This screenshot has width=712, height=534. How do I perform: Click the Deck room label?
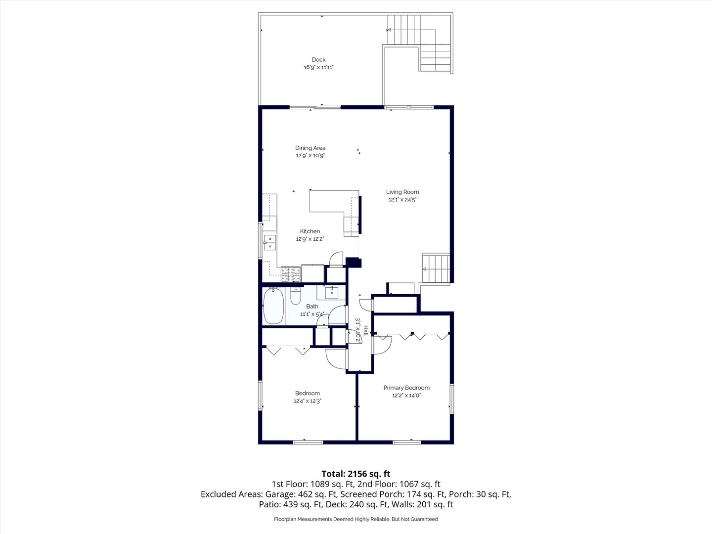click(x=318, y=60)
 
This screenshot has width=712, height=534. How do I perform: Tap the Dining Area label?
click(x=310, y=148)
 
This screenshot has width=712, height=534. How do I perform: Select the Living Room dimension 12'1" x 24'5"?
click(x=402, y=200)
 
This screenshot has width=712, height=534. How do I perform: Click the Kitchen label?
click(x=310, y=231)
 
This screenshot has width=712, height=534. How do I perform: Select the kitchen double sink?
click(x=270, y=242)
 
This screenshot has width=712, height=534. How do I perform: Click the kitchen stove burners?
click(x=291, y=274)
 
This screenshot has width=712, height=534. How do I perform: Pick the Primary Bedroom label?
click(x=406, y=388)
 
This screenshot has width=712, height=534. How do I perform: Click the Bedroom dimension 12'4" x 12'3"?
click(x=307, y=401)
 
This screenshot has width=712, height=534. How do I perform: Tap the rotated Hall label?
click(x=366, y=330)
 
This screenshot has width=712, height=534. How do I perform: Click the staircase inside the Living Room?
click(x=436, y=268)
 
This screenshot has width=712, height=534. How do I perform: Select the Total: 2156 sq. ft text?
click(x=356, y=474)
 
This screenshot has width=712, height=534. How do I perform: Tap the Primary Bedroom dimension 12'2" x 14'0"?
click(x=406, y=396)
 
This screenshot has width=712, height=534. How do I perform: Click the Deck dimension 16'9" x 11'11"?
click(x=318, y=67)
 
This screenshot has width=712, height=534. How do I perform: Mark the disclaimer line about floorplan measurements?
click(x=356, y=519)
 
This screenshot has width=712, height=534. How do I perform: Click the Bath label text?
click(x=312, y=307)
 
